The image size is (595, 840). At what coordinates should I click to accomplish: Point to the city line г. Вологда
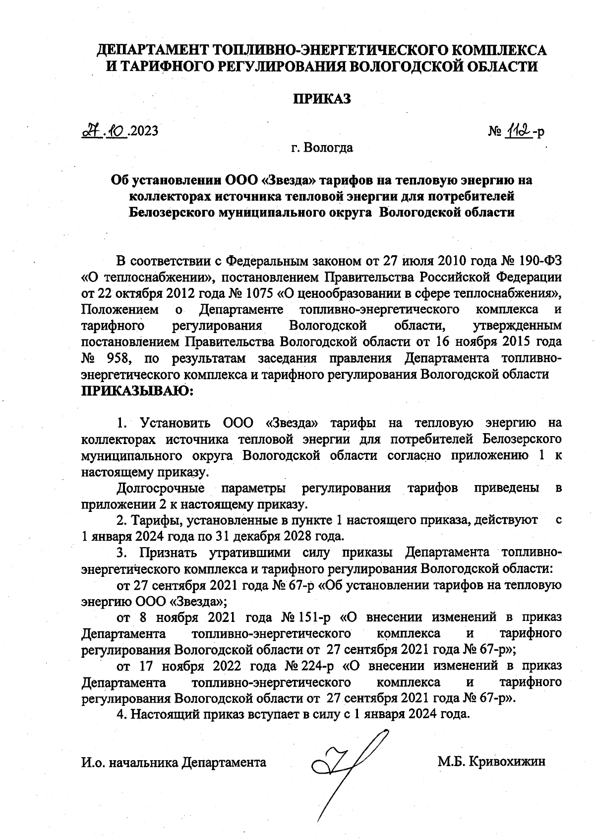pos(322,148)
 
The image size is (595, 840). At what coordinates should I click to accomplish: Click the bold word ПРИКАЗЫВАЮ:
pos(137,392)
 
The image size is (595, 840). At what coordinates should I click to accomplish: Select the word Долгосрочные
pos(161,488)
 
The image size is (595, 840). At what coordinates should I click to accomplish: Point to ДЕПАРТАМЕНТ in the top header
pos(152,50)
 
